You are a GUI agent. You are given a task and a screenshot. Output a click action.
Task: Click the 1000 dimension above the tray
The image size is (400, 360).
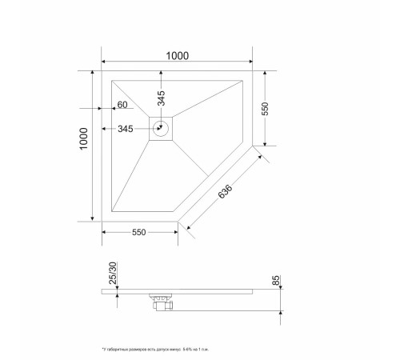click(177, 56)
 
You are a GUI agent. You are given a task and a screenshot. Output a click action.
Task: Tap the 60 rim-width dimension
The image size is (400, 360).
click(122, 106)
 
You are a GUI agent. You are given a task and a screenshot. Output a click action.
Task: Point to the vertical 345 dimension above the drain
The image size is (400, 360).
click(161, 98)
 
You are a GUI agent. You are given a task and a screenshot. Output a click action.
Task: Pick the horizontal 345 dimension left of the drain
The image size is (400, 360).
click(126, 129)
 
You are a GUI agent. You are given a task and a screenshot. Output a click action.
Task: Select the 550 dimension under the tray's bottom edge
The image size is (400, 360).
click(138, 233)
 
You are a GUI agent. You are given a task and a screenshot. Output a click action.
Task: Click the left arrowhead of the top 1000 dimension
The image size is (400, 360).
click(105, 63)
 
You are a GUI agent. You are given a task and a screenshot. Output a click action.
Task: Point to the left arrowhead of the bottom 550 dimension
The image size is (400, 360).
click(105, 231)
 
